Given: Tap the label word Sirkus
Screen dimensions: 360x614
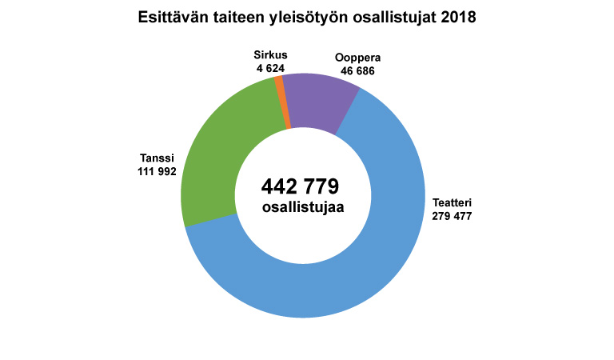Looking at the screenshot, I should (270, 55).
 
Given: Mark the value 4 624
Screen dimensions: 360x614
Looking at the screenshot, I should (271, 68).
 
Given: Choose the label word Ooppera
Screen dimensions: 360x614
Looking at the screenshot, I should (357, 58).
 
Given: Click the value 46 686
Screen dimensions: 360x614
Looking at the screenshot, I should (357, 71).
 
